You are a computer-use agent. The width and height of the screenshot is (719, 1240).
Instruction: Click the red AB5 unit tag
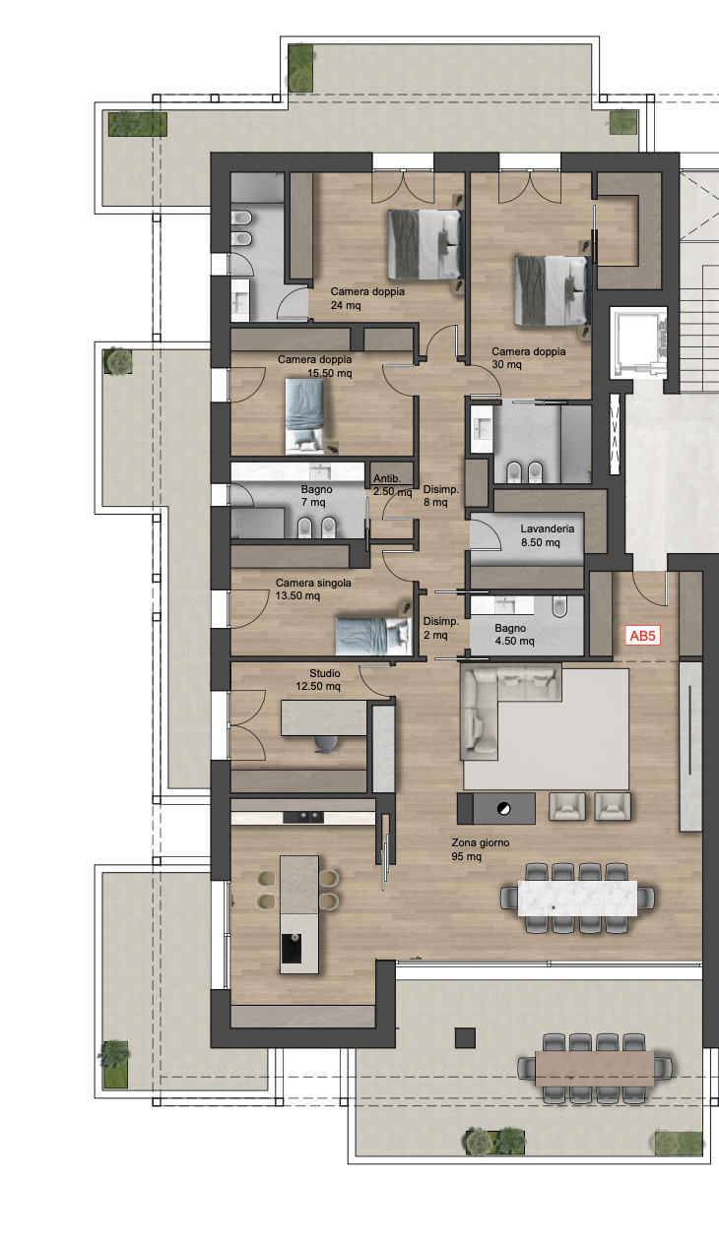(x=642, y=636)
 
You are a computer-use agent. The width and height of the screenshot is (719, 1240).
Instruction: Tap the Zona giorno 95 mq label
(x=481, y=849)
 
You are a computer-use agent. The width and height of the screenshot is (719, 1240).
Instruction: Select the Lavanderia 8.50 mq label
(x=547, y=535)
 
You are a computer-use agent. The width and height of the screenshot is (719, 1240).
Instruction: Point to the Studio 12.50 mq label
(x=318, y=680)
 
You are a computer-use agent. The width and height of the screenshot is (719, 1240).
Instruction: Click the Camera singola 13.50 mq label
(x=313, y=589)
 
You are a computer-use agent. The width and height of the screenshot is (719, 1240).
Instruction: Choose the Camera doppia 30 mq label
(x=529, y=357)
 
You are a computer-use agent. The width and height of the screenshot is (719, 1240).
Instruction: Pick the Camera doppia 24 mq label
(x=367, y=298)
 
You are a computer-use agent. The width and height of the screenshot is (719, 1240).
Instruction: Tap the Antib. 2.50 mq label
(x=392, y=485)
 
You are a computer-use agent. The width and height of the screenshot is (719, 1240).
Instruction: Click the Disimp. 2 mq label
(x=441, y=628)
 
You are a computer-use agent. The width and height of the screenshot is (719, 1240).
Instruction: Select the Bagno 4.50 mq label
(x=514, y=635)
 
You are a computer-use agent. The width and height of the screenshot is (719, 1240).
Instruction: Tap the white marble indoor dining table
(x=577, y=898)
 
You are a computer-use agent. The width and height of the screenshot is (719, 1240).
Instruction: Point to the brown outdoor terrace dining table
(x=594, y=1068)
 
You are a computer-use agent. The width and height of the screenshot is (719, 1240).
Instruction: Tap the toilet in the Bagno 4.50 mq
(x=559, y=606)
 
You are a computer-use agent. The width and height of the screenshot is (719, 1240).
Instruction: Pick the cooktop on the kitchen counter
(x=303, y=817)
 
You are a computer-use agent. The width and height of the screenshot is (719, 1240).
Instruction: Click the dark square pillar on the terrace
(x=465, y=1038)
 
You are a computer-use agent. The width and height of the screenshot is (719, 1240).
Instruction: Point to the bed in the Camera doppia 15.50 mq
(x=305, y=416)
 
